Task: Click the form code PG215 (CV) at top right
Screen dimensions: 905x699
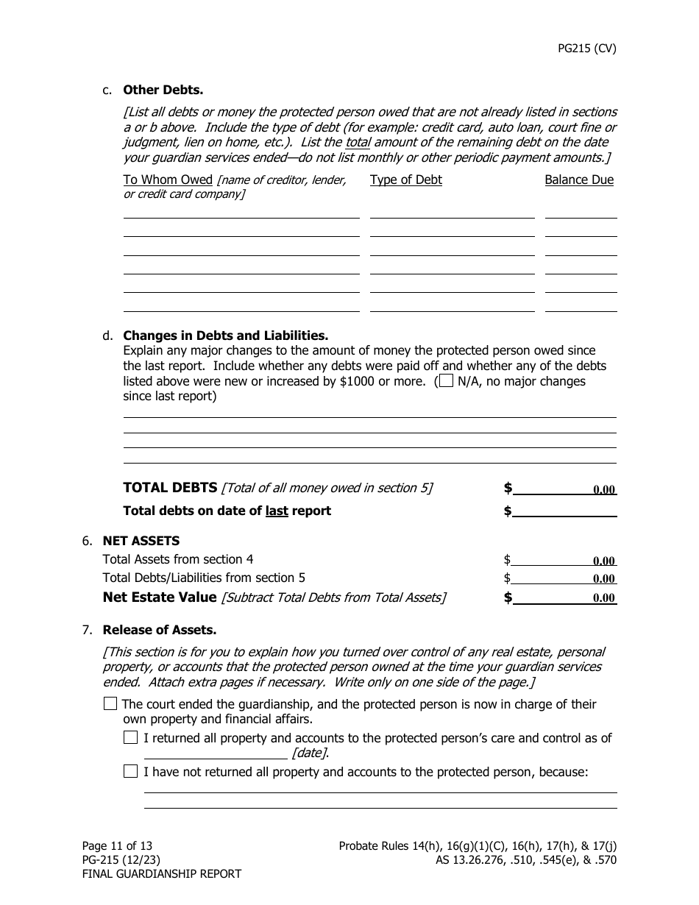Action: pos(586,49)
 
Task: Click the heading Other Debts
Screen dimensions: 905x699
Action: pos(163,90)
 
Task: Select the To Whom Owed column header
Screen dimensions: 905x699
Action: pos(168,180)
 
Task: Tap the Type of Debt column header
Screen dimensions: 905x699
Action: pos(405,180)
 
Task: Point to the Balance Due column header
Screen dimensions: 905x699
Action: pos(578,180)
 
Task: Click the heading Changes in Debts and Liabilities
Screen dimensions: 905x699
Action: pos(225,336)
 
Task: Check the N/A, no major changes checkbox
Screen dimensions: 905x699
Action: pos(446,381)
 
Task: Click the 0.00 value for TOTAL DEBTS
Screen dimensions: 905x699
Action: pos(603,490)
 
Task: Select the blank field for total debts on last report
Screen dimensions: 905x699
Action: pos(564,511)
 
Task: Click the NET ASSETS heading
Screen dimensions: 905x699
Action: pos(141,541)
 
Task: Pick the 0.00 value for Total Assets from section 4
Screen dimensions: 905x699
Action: pos(603,561)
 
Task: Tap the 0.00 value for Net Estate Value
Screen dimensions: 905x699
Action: pos(603,598)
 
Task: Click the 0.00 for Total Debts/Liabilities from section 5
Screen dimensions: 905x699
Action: pos(603,579)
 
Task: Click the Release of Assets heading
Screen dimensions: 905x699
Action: pos(159,630)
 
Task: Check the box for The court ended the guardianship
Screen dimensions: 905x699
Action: pos(110,703)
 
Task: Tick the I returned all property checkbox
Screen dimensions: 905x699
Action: pos(130,737)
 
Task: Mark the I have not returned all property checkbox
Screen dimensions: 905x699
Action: pos(130,771)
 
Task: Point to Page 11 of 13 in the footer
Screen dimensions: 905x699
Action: pos(117,846)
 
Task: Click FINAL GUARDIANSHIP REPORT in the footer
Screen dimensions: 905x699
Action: pos(161,874)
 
